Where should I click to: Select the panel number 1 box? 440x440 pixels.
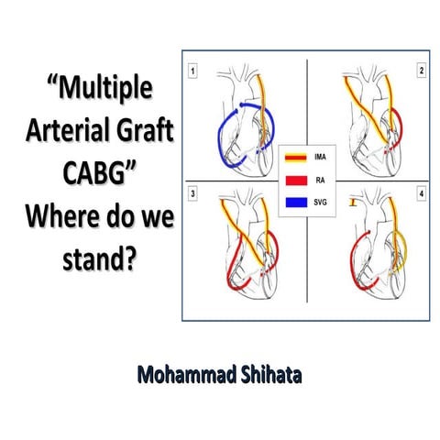click(x=194, y=70)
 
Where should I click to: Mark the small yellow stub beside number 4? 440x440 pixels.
click(x=352, y=203)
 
